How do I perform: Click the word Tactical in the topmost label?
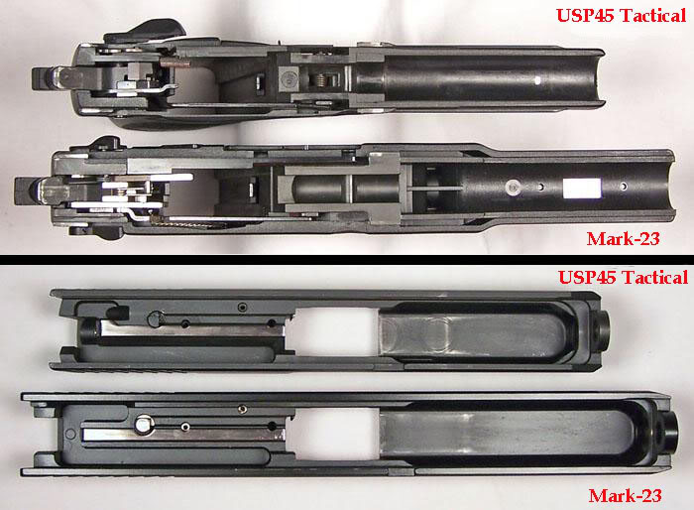652,16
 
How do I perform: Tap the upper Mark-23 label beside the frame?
623,239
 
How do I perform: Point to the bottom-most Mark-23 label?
625,495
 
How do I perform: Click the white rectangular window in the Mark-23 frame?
582,188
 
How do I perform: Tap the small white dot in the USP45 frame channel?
537,80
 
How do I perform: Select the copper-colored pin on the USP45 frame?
174,64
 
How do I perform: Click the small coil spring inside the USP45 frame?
322,79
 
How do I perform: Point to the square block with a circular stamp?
289,79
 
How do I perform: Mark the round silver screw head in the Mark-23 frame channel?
513,187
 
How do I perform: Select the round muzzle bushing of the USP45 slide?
602,331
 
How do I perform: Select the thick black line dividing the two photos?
347,260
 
